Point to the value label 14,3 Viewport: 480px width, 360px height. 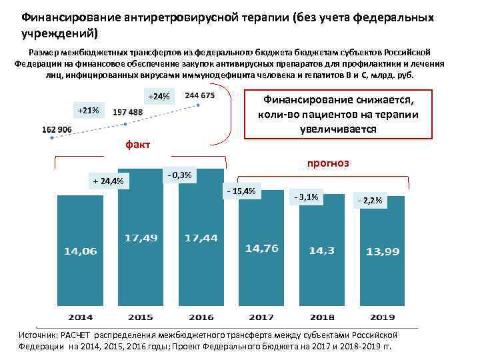click(x=322, y=251)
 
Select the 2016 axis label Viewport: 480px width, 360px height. click(x=201, y=316)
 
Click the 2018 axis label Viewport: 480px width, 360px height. click(x=322, y=316)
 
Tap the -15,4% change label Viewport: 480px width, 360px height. click(x=241, y=191)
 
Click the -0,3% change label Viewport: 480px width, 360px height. click(x=179, y=175)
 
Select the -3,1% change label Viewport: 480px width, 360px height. click(x=305, y=197)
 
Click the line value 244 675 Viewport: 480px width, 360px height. click(x=199, y=96)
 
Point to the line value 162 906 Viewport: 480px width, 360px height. click(x=57, y=129)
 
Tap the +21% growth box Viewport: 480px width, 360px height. click(x=88, y=109)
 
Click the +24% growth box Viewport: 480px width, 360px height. click(x=159, y=97)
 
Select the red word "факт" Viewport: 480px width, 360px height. click(x=138, y=145)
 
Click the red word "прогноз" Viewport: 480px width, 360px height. click(x=327, y=163)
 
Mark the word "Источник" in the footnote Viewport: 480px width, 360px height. click(x=39, y=335)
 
